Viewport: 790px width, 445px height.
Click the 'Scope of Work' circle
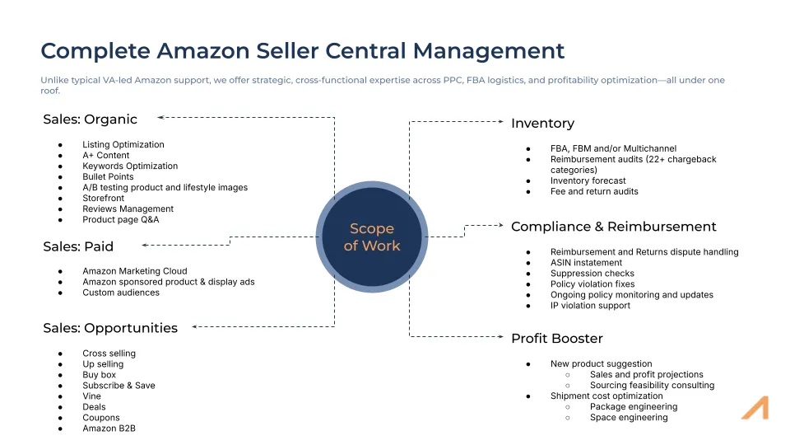point(371,237)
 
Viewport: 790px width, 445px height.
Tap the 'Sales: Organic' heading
point(90,119)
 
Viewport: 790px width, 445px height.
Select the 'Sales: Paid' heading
point(78,246)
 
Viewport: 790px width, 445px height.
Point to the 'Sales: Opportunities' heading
point(110,328)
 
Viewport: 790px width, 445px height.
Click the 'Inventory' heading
point(542,123)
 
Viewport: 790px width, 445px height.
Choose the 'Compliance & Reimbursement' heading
point(613,227)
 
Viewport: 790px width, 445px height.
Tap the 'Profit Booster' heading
point(556,339)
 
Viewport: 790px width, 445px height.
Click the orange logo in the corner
point(754,408)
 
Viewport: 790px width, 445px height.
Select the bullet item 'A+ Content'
point(105,155)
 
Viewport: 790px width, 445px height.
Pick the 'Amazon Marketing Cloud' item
point(134,271)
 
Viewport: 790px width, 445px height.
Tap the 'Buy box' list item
point(99,375)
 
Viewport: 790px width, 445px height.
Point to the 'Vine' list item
point(92,396)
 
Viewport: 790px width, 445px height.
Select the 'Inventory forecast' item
point(588,180)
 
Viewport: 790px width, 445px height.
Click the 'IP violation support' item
point(590,306)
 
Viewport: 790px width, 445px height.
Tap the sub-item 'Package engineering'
point(633,407)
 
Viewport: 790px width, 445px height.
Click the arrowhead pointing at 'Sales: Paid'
point(145,245)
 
